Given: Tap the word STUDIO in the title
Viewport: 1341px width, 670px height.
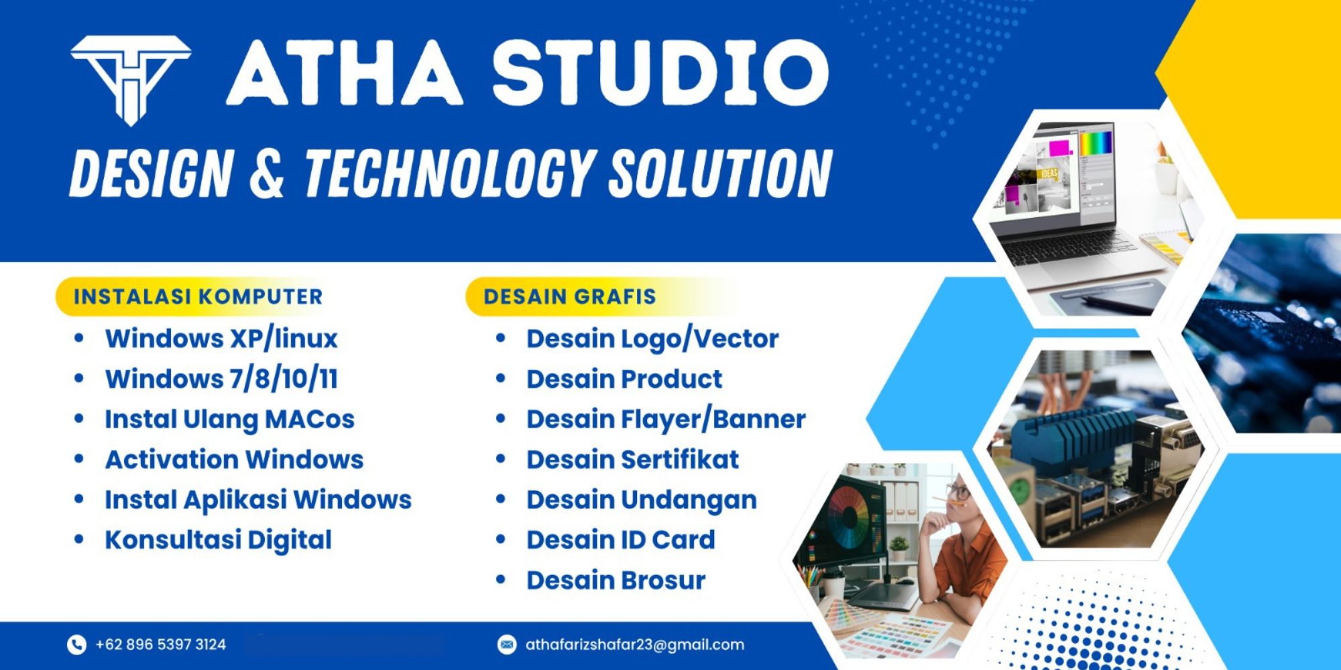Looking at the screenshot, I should (660, 72).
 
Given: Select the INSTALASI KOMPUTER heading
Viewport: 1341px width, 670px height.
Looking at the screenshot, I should (198, 297).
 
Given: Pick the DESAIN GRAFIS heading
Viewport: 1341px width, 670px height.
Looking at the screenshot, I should (569, 297).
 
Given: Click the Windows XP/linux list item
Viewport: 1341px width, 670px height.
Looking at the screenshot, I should (221, 339).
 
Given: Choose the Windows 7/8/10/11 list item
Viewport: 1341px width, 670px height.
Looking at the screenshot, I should (221, 379).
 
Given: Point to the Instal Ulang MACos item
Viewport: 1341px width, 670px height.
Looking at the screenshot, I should (229, 419).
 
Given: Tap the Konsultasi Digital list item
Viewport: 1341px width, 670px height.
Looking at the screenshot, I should (218, 540).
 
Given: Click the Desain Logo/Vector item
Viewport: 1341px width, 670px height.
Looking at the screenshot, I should (652, 339).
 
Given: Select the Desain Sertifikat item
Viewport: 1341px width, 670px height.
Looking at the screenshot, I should (632, 460).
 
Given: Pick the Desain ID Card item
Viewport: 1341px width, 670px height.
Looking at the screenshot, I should (620, 540).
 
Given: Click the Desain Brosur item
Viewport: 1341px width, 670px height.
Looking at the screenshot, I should (616, 580).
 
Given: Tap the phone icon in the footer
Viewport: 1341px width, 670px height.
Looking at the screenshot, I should (76, 645).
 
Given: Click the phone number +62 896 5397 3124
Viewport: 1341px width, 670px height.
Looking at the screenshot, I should (160, 645).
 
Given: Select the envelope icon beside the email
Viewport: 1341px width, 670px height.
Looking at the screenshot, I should (507, 645).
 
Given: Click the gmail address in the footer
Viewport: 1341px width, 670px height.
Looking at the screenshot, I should (634, 645).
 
